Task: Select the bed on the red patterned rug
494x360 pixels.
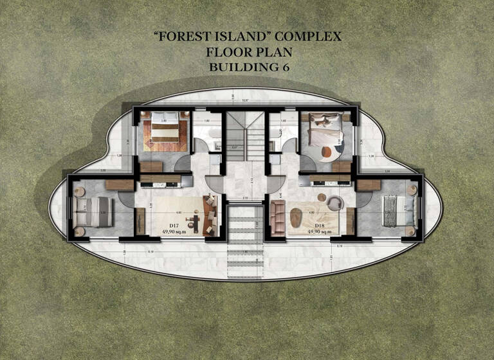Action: point(164,132)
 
